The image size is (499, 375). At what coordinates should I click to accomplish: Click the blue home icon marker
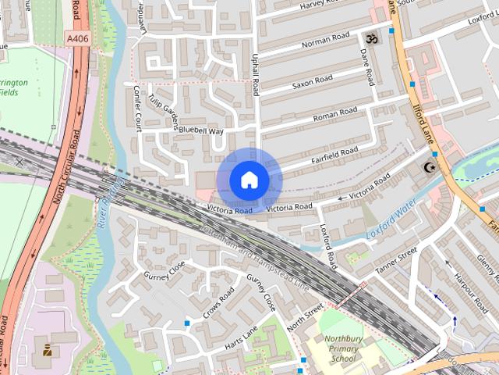coord(249,180)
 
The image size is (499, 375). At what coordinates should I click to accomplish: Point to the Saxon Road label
coord(312,80)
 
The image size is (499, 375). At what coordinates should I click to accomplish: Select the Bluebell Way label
coord(200,131)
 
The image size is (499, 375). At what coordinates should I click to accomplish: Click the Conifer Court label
coord(137,107)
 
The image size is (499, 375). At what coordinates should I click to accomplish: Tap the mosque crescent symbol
coord(428,167)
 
